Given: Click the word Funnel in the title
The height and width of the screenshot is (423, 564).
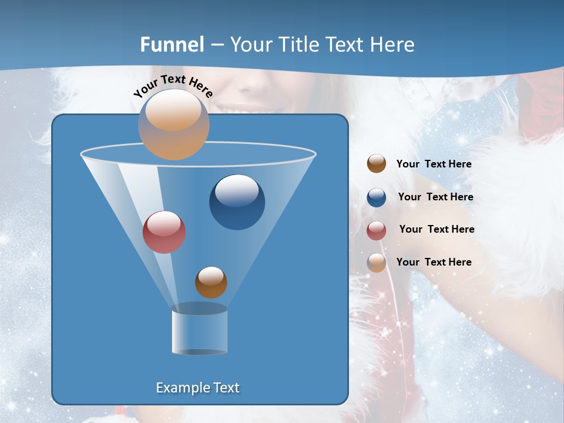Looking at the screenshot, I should [172, 45].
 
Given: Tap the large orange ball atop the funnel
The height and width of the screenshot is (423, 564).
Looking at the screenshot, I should [173, 125].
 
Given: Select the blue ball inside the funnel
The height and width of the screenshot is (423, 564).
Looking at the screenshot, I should [237, 202].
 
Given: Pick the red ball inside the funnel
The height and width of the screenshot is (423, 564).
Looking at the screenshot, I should [164, 232].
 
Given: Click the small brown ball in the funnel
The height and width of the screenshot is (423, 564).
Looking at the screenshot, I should [211, 283].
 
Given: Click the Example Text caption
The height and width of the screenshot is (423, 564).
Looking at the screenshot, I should [197, 388].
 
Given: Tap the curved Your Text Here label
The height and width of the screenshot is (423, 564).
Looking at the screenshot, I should [173, 86].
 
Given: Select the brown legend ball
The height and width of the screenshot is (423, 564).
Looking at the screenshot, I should [377, 164].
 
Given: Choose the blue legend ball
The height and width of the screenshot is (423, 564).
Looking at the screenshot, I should [377, 197].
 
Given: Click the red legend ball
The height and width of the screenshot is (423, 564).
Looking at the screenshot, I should [377, 230].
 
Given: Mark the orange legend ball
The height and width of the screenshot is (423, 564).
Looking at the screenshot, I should [377, 263].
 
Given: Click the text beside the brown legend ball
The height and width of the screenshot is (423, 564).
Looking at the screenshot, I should [434, 164].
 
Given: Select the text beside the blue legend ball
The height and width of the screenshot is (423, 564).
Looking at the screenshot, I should [435, 197].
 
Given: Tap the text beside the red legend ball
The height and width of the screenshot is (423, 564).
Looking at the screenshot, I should [437, 230].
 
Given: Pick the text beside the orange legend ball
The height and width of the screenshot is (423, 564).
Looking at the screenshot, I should [434, 263].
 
